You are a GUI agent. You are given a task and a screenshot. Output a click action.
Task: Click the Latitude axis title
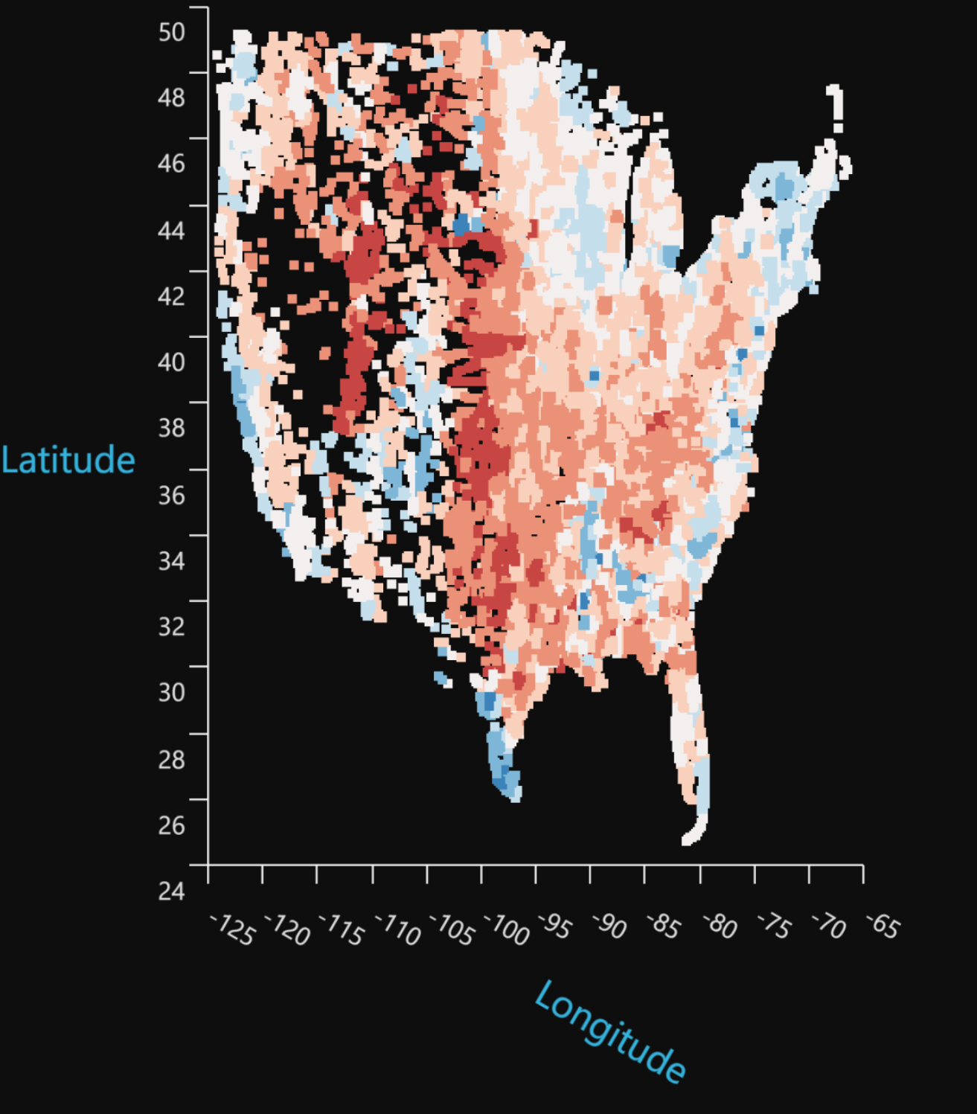68,460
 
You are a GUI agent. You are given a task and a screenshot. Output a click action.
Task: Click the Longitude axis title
609,1031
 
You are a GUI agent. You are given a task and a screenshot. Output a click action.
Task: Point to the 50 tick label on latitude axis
172,32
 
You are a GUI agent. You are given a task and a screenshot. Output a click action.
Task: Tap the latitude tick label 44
172,230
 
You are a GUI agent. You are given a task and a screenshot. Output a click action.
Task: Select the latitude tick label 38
172,428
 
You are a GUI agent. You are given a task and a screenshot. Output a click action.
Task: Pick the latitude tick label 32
172,626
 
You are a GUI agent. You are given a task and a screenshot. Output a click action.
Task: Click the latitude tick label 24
172,890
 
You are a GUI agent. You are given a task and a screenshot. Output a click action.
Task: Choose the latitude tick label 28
172,759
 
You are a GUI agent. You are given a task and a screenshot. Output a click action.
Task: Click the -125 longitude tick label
233,929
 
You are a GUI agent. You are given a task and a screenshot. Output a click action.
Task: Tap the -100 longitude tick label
507,929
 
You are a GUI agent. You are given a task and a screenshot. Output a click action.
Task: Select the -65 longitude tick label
883,926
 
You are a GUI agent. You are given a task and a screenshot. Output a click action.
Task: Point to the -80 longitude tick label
720,927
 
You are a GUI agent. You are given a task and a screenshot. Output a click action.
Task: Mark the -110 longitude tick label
397,929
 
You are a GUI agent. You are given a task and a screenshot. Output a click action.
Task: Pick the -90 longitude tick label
610,926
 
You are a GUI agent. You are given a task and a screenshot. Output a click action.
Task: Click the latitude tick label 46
172,164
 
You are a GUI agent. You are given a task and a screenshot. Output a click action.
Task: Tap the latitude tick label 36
172,495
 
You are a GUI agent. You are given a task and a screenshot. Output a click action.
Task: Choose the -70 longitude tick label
829,927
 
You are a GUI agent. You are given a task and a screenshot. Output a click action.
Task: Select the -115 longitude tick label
342,929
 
